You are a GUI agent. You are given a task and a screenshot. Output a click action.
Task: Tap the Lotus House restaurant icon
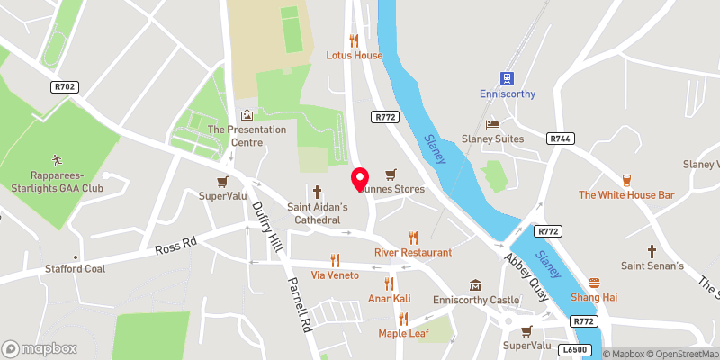354,40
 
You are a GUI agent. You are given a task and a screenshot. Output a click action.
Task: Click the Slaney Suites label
517,139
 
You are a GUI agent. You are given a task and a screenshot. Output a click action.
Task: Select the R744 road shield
560,138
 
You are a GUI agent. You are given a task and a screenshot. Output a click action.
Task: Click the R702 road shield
62,86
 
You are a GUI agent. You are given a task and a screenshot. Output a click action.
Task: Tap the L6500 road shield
573,348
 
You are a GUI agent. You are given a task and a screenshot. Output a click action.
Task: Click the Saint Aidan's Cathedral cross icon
317,192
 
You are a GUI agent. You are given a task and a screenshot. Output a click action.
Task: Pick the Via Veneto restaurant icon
336,258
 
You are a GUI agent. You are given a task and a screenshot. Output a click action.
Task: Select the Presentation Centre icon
247,115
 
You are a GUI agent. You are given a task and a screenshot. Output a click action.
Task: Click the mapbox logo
38,348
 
